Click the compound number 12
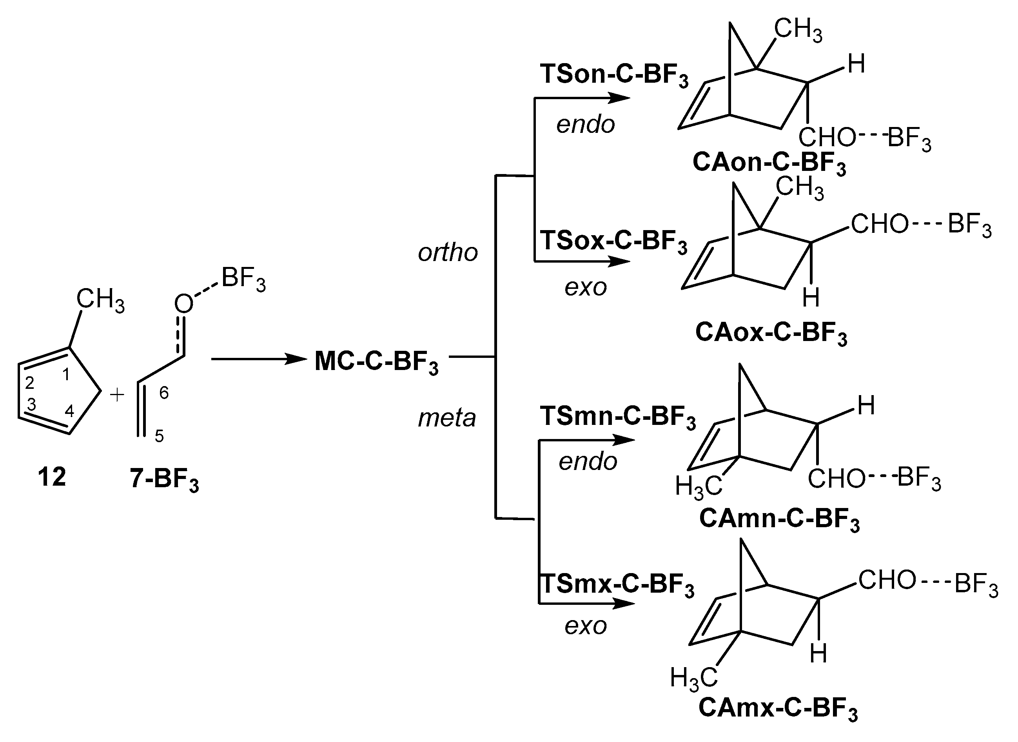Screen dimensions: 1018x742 click(x=52, y=477)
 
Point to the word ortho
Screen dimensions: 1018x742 click(x=448, y=253)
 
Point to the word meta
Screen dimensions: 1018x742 click(x=447, y=418)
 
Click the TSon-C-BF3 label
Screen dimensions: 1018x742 click(x=614, y=74)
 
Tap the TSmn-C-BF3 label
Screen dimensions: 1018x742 click(x=617, y=416)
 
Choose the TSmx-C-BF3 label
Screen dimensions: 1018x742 click(x=617, y=585)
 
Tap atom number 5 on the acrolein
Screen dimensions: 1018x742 click(x=159, y=436)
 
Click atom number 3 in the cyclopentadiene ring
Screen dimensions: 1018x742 click(x=31, y=405)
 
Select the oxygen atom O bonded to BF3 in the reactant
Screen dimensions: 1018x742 click(x=183, y=304)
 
